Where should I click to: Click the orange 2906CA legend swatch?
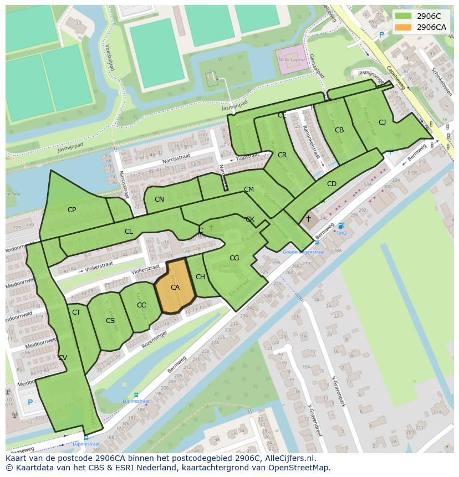tap(403, 27)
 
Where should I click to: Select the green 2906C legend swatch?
tap(403, 16)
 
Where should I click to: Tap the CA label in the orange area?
tap(175, 288)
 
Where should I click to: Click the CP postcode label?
tap(72, 210)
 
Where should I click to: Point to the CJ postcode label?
tap(382, 122)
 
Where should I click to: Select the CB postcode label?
tap(339, 130)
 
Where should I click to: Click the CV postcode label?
tap(63, 358)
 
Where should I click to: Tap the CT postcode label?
tap(76, 312)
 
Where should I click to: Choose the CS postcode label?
tap(110, 321)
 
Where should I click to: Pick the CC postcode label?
tap(141, 305)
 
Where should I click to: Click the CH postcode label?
tap(200, 277)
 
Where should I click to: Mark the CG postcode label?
tap(234, 258)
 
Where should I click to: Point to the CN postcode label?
tap(159, 199)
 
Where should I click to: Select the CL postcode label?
tap(129, 232)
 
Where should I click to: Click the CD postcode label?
tap(331, 184)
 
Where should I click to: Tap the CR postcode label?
tap(282, 155)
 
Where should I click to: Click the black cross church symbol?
tap(308, 219)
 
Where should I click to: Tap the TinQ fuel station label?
tap(341, 233)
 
